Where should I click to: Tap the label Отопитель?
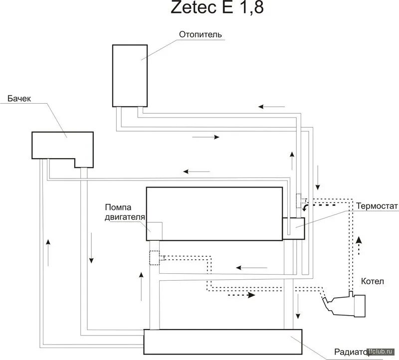[200, 34]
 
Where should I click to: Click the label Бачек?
[19, 99]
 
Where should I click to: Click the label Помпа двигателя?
[125, 212]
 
